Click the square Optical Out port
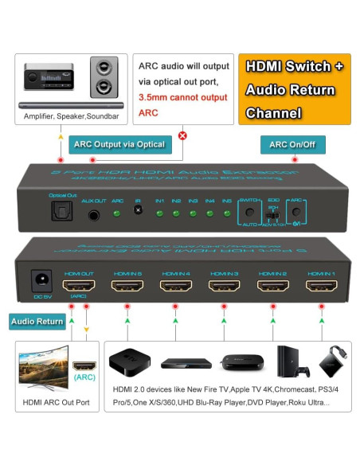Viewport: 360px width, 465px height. (61, 211)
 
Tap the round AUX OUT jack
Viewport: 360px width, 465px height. (95, 213)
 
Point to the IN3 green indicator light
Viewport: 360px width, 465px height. (193, 213)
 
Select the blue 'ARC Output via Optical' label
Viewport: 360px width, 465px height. (119, 144)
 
